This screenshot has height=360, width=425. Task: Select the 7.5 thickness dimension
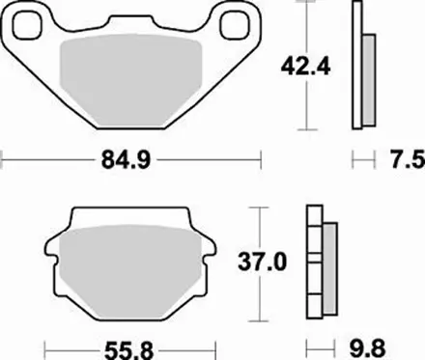click(398, 159)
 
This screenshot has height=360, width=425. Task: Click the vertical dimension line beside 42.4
click(307, 106)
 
